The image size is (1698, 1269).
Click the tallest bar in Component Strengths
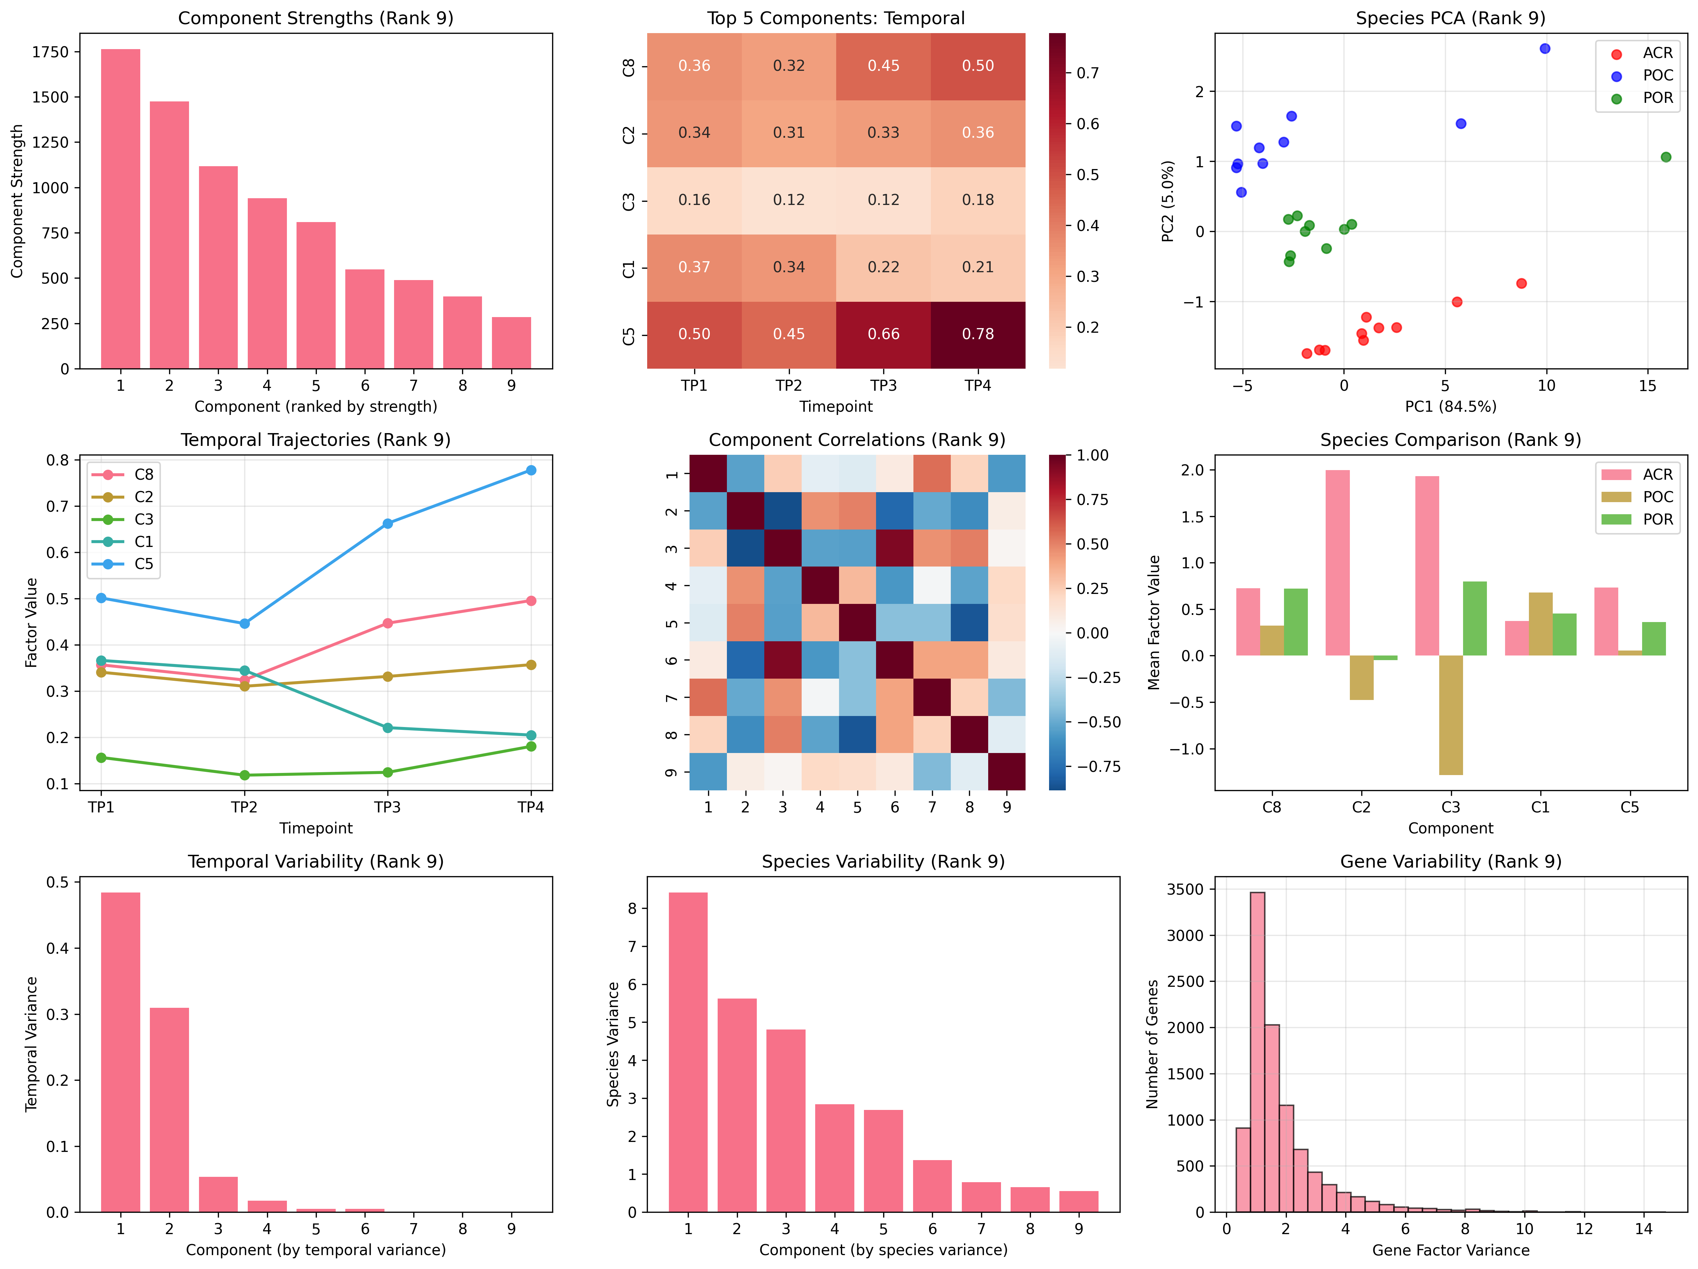pyautogui.click(x=121, y=209)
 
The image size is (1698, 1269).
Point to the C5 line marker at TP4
pyautogui.click(x=530, y=470)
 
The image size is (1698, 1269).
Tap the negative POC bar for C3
pyautogui.click(x=1451, y=715)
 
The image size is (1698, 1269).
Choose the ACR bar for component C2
pyautogui.click(x=1337, y=563)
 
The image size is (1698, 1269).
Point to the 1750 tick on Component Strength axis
pyautogui.click(x=50, y=52)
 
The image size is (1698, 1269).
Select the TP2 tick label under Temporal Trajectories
pyautogui.click(x=244, y=807)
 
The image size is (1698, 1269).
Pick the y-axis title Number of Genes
pyautogui.click(x=1152, y=1044)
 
